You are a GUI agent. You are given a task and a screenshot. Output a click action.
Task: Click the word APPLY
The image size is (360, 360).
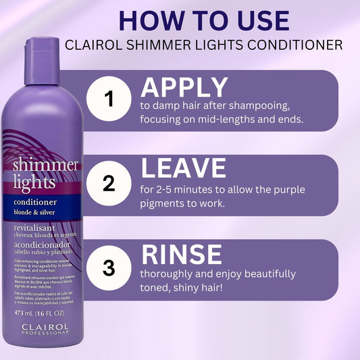pyautogui.click(x=184, y=88)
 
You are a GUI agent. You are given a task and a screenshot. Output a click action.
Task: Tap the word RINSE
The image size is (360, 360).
pyautogui.click(x=181, y=254)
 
